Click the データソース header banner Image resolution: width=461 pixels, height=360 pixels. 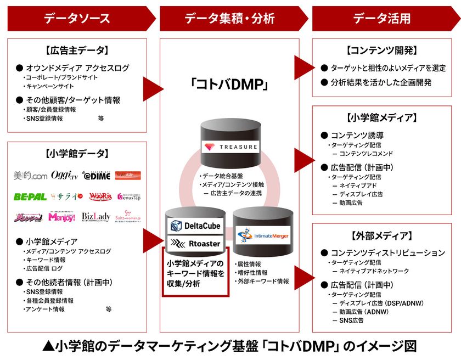tap(77, 18)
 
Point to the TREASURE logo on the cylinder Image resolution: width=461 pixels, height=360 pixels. tap(230, 147)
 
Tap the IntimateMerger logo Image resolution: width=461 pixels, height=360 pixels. tap(263, 236)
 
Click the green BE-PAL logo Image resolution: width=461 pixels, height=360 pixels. tap(30, 196)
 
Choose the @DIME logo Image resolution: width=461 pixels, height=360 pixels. tap(96, 176)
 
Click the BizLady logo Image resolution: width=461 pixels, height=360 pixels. tap(96, 216)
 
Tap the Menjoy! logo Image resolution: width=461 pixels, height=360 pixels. tap(63, 216)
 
